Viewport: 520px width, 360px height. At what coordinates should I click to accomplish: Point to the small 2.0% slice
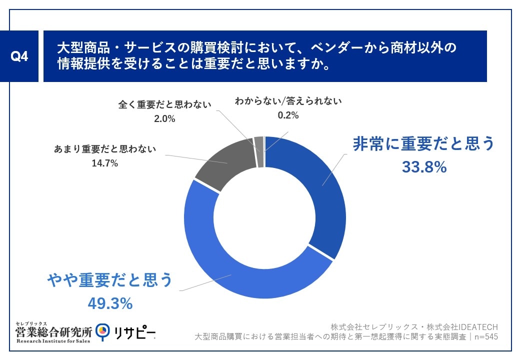point(258,144)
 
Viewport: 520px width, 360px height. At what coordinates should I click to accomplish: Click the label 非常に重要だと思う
point(423,144)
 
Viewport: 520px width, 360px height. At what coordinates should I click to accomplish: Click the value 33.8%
point(424,167)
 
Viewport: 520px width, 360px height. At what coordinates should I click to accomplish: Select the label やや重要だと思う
point(109,280)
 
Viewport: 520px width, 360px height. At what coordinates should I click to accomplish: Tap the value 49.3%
point(110,303)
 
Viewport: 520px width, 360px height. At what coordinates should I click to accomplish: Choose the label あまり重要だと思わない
point(105,149)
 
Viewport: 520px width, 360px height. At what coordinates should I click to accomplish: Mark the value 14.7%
point(105,163)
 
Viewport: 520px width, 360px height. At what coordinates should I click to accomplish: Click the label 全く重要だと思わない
point(164,104)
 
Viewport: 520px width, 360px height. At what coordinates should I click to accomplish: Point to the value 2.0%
point(164,119)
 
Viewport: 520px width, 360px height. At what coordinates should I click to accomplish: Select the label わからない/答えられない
point(288,101)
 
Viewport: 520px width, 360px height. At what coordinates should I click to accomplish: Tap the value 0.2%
point(288,115)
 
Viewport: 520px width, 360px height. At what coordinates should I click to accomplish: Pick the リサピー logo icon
point(103,331)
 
